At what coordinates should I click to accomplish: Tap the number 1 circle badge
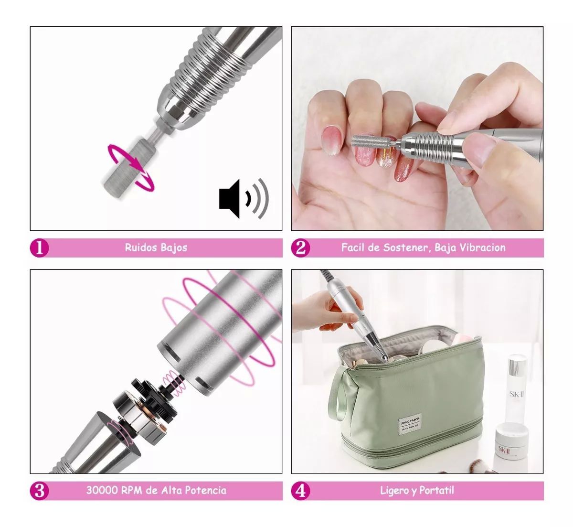(40, 247)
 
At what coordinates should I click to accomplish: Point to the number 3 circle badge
(40, 490)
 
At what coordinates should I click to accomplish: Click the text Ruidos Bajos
(156, 247)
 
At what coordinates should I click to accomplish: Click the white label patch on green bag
(410, 424)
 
